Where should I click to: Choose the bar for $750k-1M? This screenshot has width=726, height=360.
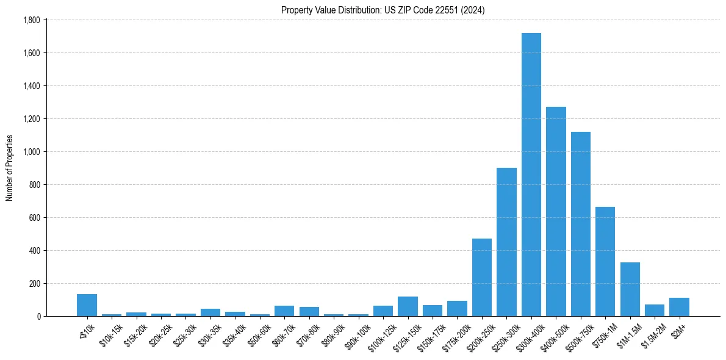click(x=605, y=262)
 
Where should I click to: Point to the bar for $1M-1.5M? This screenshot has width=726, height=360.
click(x=630, y=289)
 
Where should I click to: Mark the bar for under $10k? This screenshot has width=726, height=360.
click(x=87, y=305)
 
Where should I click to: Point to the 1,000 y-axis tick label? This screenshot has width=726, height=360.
click(x=31, y=152)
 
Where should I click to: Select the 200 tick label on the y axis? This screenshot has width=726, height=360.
click(x=34, y=284)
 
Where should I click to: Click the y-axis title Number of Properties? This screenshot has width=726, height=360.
click(x=9, y=168)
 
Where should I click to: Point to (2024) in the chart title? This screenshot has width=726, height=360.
click(x=473, y=10)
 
